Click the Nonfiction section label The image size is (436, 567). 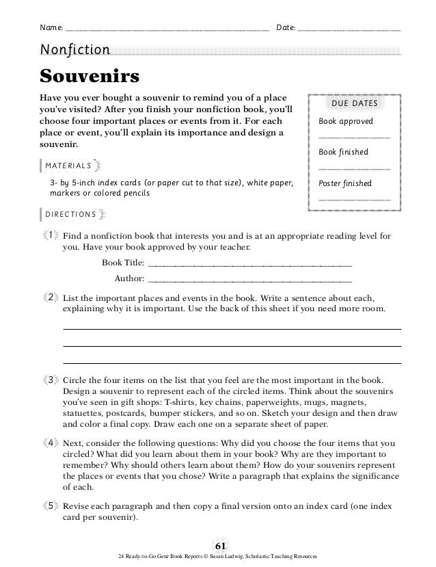point(74,49)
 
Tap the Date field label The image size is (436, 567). point(285,28)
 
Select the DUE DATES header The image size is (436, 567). point(354,103)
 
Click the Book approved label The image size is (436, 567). point(346,121)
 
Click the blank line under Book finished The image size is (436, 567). point(354,168)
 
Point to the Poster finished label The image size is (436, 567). point(345,183)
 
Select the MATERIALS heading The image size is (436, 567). point(68,166)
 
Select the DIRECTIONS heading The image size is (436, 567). point(70,214)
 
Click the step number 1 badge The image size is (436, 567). point(51,236)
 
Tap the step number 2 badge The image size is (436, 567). point(51,298)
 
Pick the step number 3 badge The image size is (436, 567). point(51,380)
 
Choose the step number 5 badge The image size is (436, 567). point(51,505)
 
